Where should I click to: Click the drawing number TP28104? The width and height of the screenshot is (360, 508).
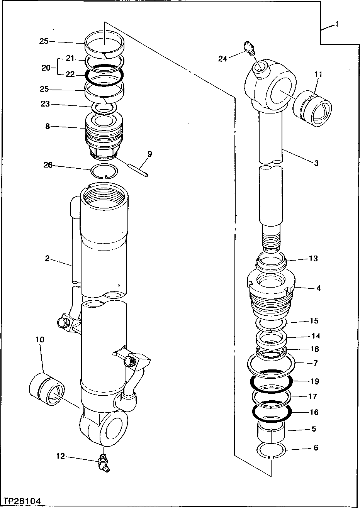coord(22,501)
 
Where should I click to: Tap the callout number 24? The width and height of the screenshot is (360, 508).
coord(222,59)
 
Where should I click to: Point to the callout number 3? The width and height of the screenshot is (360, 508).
coord(316,163)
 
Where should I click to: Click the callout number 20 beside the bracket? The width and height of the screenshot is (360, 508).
coord(46,68)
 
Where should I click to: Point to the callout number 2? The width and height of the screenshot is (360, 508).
coord(47,259)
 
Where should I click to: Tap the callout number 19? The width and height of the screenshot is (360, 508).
coord(314,381)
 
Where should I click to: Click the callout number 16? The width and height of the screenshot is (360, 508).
coord(314,412)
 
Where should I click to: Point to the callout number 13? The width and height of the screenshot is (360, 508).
coord(313,258)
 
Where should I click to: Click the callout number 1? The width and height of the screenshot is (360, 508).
coord(337,24)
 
